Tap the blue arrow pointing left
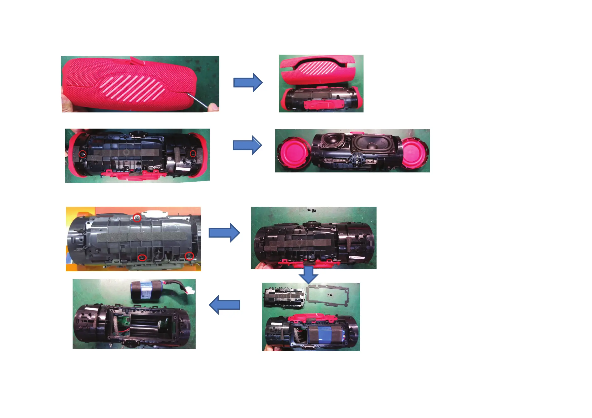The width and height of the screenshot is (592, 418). (x=224, y=305)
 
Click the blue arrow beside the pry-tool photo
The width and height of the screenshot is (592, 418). (x=248, y=82)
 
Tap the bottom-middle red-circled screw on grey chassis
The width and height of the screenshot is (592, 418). (x=142, y=258)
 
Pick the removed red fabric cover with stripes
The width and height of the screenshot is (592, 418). (x=318, y=69)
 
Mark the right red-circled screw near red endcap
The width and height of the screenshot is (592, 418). (x=193, y=154)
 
